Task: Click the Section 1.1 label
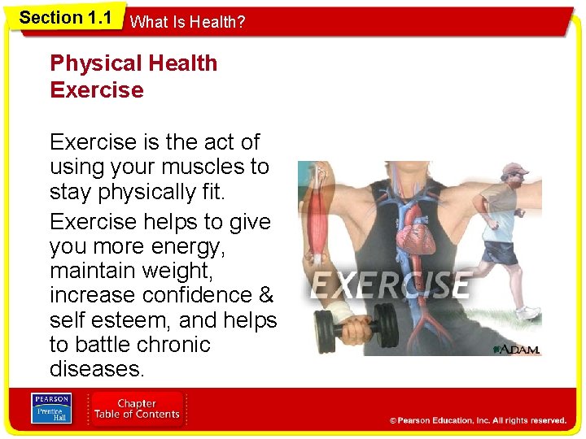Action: click(x=65, y=18)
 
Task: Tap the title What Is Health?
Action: click(x=187, y=23)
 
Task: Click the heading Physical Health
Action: click(x=133, y=63)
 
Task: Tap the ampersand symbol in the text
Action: click(x=265, y=294)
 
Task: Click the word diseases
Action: click(x=97, y=369)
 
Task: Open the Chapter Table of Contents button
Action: click(x=137, y=408)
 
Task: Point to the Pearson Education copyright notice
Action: click(x=478, y=420)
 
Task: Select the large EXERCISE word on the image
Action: click(x=391, y=285)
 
